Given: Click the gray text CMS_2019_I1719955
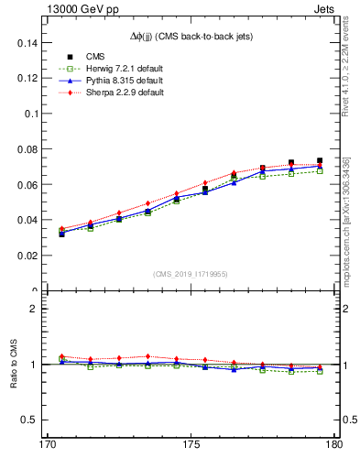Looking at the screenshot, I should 191,273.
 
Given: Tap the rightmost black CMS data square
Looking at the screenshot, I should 320,161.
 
